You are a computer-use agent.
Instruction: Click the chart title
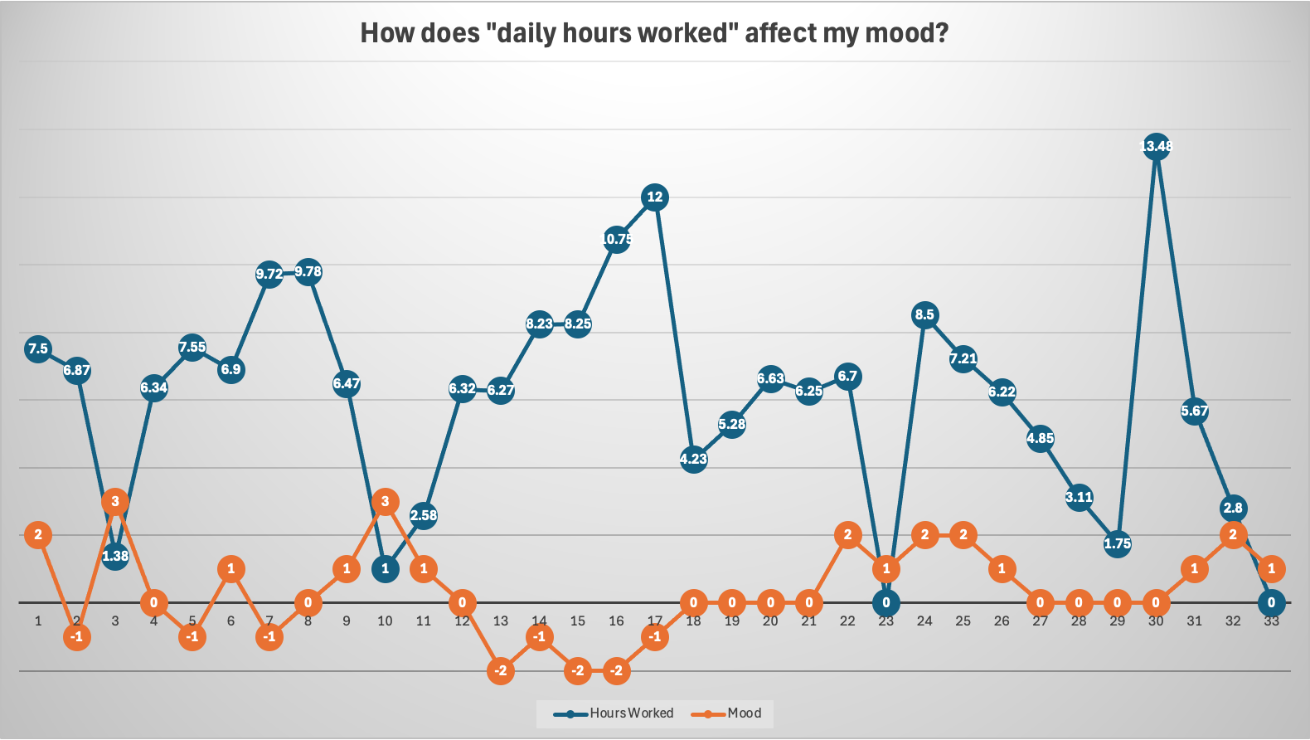point(654,33)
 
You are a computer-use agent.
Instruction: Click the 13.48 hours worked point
point(1156,147)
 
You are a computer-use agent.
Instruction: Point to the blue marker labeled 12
point(655,197)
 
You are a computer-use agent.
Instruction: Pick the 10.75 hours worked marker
point(616,239)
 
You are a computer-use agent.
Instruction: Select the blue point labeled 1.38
point(115,556)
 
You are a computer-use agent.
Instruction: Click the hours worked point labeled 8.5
point(924,314)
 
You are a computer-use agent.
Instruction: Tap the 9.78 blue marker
point(308,271)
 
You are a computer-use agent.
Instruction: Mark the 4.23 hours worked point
point(693,459)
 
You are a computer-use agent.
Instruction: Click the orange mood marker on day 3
point(115,501)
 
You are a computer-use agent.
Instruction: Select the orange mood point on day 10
point(385,501)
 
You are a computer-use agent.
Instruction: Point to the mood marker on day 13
point(501,670)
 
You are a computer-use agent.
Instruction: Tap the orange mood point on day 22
point(847,535)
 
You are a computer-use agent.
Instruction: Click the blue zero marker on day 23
point(886,603)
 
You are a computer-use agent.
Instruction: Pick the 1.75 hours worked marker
point(1117,543)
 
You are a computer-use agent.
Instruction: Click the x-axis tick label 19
point(732,621)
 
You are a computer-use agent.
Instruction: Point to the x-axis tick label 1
point(38,621)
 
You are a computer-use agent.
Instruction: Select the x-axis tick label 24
point(924,621)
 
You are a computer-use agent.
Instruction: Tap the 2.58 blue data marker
point(424,515)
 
